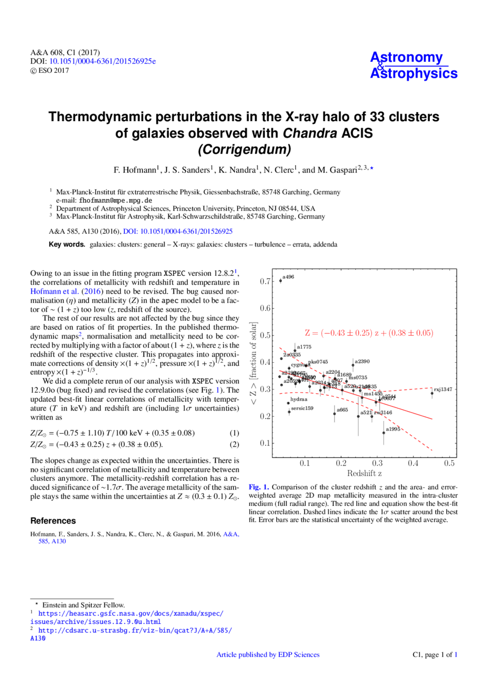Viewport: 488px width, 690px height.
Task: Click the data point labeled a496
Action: [280, 281]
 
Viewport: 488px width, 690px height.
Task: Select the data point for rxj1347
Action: [432, 393]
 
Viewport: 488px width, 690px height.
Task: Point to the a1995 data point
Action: [384, 433]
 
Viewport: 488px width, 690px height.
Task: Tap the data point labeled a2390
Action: [353, 365]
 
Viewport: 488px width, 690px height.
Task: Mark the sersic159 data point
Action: [289, 412]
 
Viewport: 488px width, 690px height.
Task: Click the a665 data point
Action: [334, 414]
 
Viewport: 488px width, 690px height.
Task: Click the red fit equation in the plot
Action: [369, 333]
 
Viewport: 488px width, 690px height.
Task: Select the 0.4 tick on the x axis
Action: [413, 463]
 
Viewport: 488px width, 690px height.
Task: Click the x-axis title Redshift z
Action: [364, 473]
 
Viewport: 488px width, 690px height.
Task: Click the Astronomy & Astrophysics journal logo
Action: [413, 66]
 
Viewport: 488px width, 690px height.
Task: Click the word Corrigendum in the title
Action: [244, 150]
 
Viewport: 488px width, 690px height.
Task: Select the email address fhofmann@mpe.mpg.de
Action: [115, 200]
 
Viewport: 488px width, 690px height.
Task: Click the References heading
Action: [53, 521]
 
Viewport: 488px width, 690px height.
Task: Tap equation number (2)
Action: [234, 445]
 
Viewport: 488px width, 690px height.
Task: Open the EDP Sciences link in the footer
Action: [268, 654]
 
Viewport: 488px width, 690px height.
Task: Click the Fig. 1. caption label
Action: [259, 487]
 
